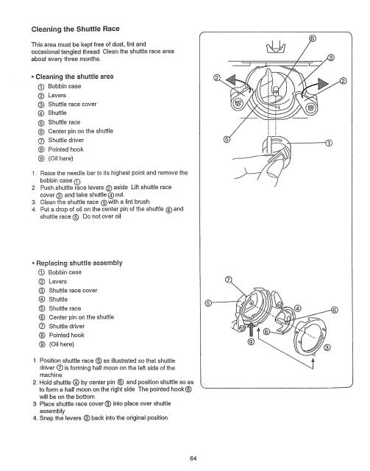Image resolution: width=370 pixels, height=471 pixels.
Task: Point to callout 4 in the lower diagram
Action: pos(297,287)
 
